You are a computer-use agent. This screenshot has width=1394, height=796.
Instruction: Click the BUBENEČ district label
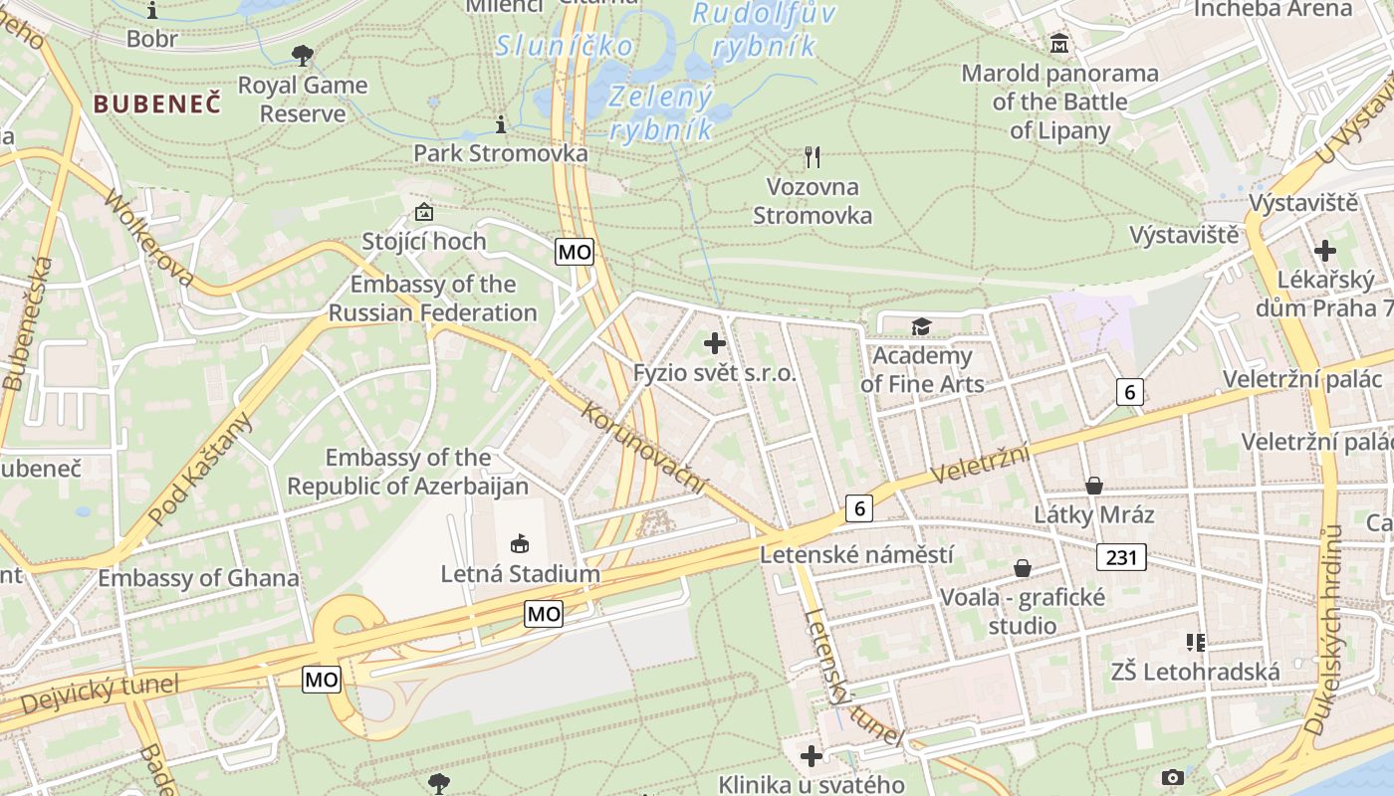click(157, 103)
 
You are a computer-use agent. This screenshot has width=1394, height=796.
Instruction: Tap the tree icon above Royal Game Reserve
click(303, 56)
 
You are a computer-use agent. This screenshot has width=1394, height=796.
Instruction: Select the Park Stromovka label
click(500, 153)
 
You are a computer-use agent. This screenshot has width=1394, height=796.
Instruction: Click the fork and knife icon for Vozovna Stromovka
click(813, 156)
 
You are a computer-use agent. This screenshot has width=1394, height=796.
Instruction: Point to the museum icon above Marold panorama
click(1058, 44)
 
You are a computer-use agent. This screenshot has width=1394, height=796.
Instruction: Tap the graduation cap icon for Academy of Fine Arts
click(921, 326)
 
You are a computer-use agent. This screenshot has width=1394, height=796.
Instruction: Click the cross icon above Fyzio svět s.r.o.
click(714, 344)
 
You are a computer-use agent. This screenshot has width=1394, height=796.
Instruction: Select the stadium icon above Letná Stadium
click(520, 543)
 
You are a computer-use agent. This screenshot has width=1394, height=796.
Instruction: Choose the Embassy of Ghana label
click(198, 578)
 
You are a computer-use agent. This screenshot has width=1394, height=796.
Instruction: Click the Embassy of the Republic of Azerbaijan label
click(407, 472)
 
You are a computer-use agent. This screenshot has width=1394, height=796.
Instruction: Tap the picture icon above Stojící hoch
click(424, 212)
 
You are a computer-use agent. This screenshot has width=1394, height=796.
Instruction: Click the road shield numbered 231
click(1121, 557)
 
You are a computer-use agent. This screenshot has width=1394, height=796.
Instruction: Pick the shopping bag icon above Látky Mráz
click(1094, 486)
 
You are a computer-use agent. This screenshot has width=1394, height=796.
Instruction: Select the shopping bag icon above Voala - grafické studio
click(1023, 568)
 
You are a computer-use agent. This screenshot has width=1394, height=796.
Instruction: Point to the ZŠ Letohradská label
click(1195, 672)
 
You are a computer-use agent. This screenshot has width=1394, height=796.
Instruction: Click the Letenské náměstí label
click(856, 554)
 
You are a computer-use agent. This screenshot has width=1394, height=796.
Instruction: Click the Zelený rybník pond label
click(661, 112)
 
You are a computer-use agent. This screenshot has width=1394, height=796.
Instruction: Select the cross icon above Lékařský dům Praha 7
click(1325, 251)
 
